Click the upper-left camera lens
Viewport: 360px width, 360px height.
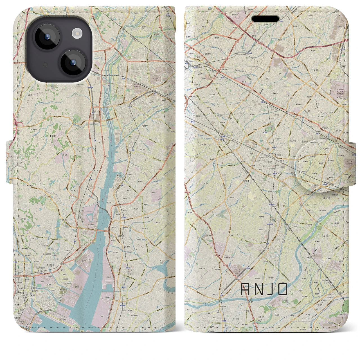[x=46, y=37]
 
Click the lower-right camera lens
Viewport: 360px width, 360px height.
[x=73, y=62]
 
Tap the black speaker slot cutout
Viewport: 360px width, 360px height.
[x=265, y=19]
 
